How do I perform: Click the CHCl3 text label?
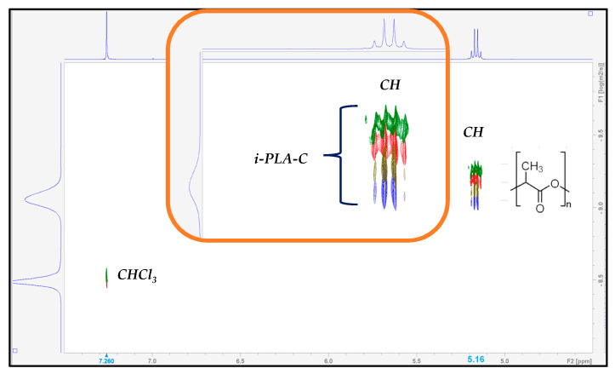click(x=137, y=275)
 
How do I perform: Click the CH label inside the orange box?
click(x=390, y=85)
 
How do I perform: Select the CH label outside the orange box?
click(x=474, y=133)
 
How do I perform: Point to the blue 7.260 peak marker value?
click(x=106, y=361)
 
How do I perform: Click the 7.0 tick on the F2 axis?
click(x=152, y=361)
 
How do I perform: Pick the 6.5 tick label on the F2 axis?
click(x=240, y=361)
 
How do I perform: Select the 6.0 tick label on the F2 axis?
click(x=327, y=361)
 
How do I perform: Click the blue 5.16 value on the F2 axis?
click(x=475, y=360)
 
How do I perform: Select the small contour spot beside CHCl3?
click(x=106, y=277)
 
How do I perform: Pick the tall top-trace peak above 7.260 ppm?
click(x=106, y=34)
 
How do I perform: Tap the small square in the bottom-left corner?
click(x=14, y=349)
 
